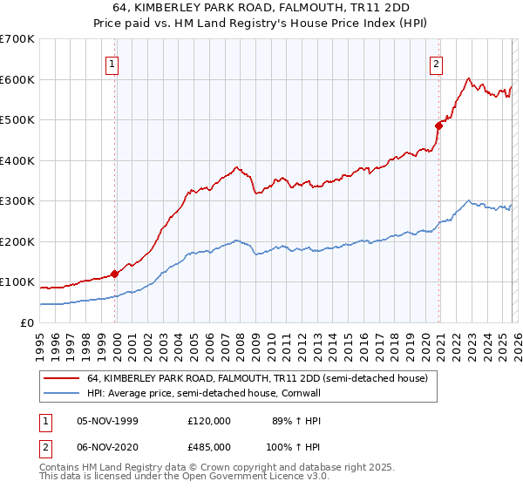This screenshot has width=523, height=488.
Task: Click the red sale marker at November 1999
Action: click(x=115, y=274)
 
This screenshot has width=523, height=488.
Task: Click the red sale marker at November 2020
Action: click(x=438, y=125)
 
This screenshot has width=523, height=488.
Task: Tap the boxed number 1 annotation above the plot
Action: click(x=114, y=63)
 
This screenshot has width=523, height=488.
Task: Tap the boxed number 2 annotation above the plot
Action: click(x=436, y=63)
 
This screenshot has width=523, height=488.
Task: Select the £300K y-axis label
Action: click(x=17, y=200)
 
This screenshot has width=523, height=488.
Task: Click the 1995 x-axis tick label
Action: click(x=40, y=341)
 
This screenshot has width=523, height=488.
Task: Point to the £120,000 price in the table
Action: click(x=208, y=421)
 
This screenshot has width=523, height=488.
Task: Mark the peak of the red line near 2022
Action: click(x=468, y=78)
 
